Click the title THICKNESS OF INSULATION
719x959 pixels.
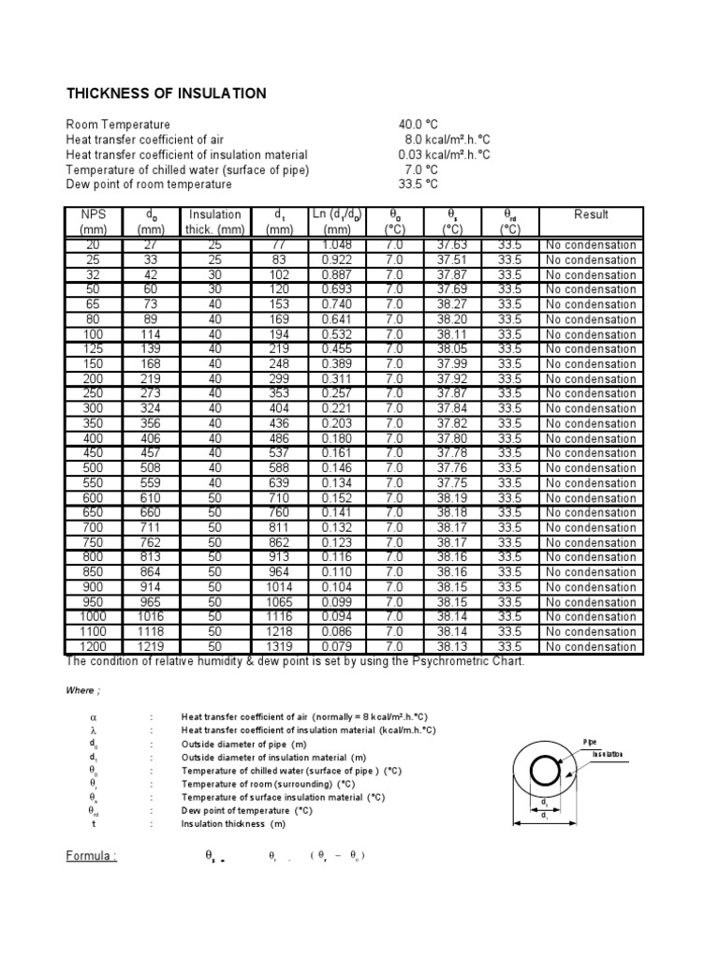(x=166, y=94)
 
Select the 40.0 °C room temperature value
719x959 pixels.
(x=418, y=125)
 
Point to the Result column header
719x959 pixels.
(x=591, y=214)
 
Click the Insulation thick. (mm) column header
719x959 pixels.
(x=214, y=221)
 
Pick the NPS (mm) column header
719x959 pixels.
(x=94, y=221)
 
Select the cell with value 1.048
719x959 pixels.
(x=337, y=245)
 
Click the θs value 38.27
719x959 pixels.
(x=452, y=304)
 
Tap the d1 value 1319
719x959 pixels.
(x=279, y=646)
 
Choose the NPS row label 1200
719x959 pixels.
(x=94, y=646)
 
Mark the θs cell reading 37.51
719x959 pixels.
(x=452, y=260)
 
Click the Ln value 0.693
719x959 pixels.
(x=337, y=289)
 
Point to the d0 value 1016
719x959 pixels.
(x=151, y=616)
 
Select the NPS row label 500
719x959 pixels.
(x=94, y=468)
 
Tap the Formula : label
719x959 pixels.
(x=91, y=856)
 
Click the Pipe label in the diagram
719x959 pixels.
(x=589, y=741)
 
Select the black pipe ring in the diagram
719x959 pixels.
(x=545, y=774)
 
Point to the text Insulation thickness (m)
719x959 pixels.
(x=234, y=824)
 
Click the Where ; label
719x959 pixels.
(x=80, y=691)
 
